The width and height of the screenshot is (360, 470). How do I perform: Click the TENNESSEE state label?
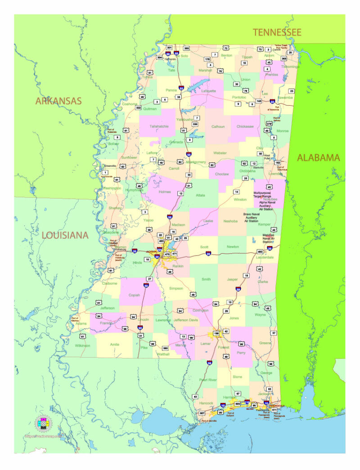pos(277,32)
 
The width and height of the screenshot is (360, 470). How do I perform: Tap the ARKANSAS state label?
pos(58,101)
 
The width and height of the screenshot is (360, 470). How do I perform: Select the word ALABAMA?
pos(318,158)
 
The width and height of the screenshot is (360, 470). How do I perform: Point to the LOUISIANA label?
pos(65,235)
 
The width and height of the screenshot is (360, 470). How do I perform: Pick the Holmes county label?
pos(165,192)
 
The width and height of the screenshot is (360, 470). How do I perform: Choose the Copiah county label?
pos(140,295)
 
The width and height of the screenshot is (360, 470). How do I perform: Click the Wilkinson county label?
pos(82,345)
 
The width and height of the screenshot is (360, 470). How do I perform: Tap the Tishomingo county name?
pos(290,67)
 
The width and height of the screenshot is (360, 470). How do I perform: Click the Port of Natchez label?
pos(78,318)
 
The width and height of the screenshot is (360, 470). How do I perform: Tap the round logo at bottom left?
pos(44,424)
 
